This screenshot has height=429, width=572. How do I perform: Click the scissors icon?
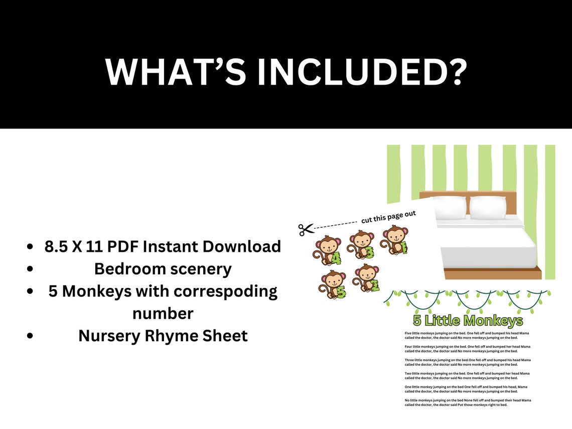[x=306, y=229]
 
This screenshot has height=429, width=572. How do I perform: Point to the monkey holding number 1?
[x=394, y=240]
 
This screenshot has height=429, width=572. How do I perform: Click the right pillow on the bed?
[x=488, y=207]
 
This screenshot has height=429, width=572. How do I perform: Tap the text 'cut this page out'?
[x=388, y=217]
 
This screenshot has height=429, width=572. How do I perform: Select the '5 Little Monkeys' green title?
[x=468, y=321]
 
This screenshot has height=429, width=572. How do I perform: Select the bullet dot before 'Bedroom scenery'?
[x=31, y=269]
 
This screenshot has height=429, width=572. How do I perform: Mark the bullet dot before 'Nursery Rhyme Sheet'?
[x=31, y=336]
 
